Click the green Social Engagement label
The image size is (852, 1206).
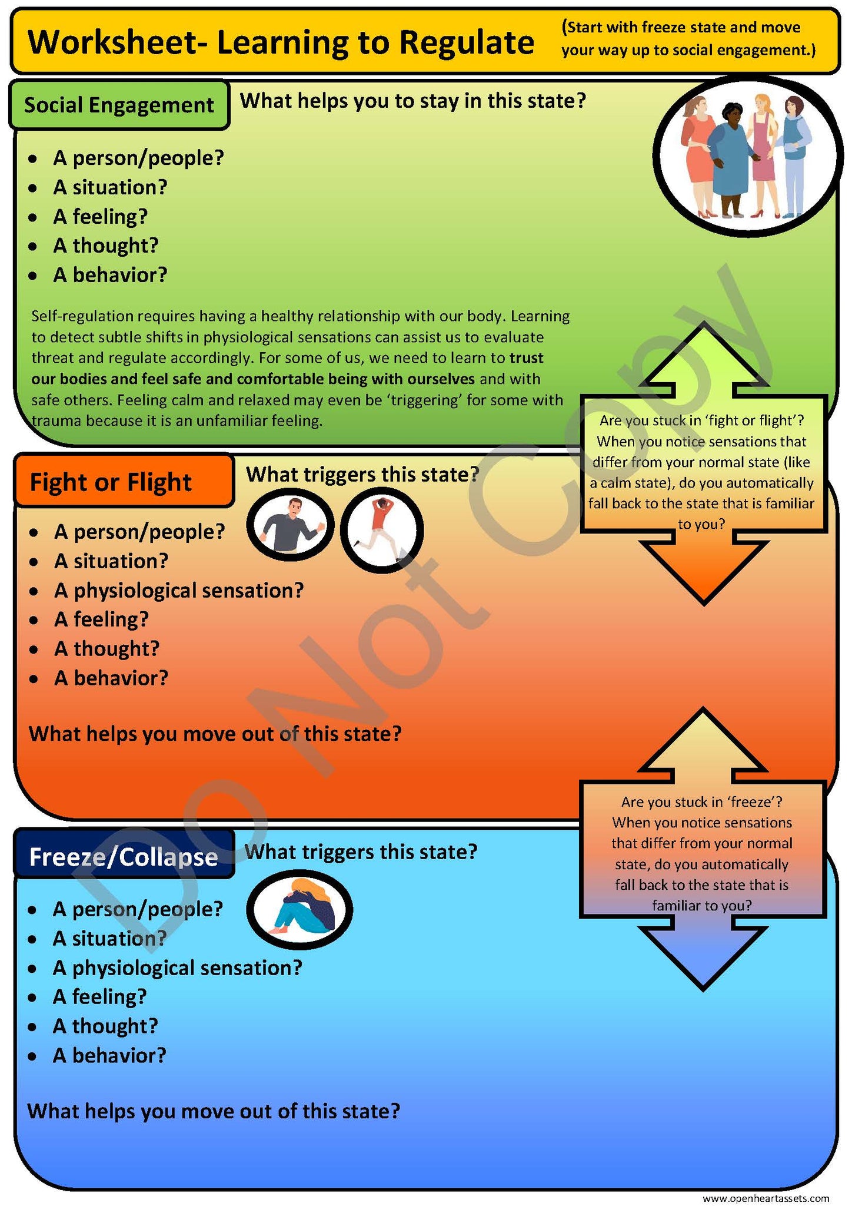tap(119, 105)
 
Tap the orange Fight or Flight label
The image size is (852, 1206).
tap(124, 481)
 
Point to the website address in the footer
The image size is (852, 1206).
tap(766, 1198)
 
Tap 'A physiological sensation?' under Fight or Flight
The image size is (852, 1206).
tap(179, 590)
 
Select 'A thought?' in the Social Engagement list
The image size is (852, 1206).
tap(106, 245)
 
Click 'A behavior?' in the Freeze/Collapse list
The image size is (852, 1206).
tap(109, 1055)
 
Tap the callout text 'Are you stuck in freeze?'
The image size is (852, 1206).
tap(702, 801)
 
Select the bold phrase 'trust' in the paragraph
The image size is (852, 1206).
tap(527, 358)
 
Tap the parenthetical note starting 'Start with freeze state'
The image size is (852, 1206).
tap(689, 39)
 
